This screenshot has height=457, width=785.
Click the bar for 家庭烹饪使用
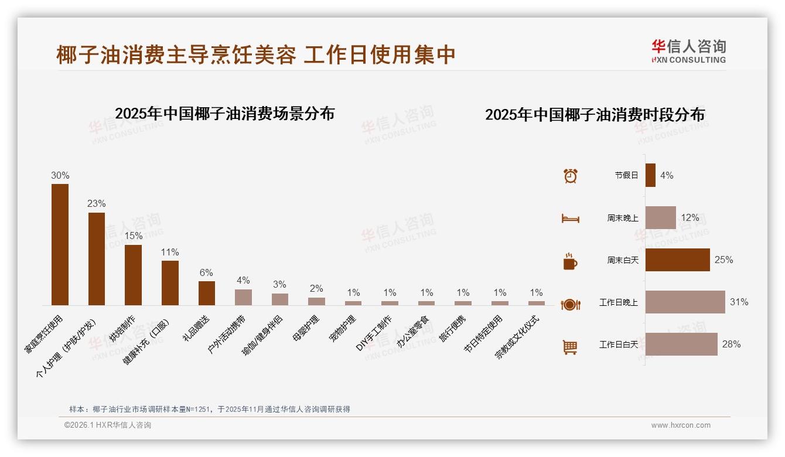[x=60, y=244]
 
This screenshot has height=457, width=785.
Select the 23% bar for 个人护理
[x=97, y=258]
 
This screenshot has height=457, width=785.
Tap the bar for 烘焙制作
[x=133, y=275]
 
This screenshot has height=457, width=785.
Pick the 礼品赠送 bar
[x=207, y=293]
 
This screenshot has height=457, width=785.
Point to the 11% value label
[x=170, y=253]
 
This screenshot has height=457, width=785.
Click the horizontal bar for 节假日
[x=650, y=175]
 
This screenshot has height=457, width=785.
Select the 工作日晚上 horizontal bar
[x=685, y=302]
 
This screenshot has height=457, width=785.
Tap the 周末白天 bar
[x=677, y=260]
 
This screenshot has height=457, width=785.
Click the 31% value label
[x=739, y=302]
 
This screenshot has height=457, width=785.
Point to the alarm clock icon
[x=570, y=176]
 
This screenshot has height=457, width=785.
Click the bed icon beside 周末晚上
[x=570, y=219]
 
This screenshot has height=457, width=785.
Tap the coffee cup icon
[x=570, y=261]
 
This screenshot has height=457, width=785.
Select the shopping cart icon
[x=570, y=347]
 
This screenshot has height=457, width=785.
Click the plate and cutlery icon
[x=570, y=304]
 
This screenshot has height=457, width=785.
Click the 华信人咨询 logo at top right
[x=689, y=51]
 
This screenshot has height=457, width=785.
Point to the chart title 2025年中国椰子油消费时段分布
[x=595, y=115]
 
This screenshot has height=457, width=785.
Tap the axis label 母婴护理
[x=306, y=329]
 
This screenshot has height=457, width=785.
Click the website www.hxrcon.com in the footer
[x=681, y=425]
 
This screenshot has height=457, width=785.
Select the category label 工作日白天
[x=619, y=345]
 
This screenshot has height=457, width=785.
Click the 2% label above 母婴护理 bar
[x=316, y=288]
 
